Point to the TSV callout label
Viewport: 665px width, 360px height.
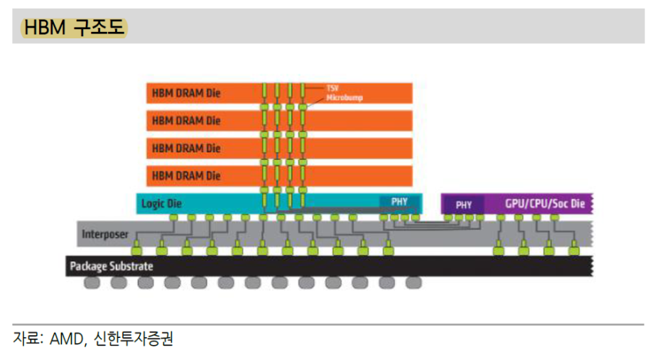(x=331, y=89)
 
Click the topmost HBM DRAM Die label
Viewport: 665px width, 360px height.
(x=186, y=93)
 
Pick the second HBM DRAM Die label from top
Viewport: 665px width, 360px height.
(x=186, y=120)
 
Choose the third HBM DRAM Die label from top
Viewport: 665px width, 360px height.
(x=186, y=148)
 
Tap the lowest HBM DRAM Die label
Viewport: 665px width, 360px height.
(x=186, y=175)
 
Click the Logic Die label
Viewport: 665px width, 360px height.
(x=161, y=204)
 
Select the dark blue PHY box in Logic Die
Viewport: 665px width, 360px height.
(x=399, y=202)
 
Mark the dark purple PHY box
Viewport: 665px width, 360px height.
(x=463, y=204)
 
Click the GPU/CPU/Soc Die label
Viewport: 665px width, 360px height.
(x=545, y=204)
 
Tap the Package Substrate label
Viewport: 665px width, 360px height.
(x=112, y=266)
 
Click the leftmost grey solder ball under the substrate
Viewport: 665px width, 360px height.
(x=92, y=283)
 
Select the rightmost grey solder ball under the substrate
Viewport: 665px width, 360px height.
(x=413, y=283)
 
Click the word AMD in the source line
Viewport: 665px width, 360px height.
(x=68, y=339)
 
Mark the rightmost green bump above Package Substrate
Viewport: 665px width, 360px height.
(x=572, y=249)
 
